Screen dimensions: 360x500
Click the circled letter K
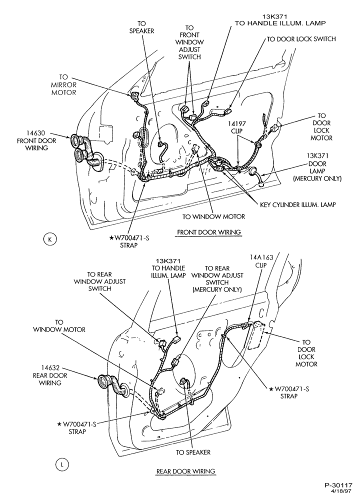[49, 239]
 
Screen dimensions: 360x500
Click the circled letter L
[62, 465]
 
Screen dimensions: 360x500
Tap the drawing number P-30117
[338, 485]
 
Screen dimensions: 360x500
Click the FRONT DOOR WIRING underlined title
[209, 232]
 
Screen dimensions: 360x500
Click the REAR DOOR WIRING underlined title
[185, 471]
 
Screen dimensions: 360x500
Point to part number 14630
[35, 133]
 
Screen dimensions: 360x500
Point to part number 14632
[50, 368]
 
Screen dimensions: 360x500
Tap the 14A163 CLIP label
[261, 261]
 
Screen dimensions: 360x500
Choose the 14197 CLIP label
[237, 127]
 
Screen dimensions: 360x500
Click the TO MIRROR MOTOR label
[64, 85]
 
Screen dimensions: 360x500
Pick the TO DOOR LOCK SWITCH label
[301, 39]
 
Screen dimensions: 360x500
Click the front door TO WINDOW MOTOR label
[213, 217]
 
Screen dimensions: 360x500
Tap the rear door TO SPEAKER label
[193, 452]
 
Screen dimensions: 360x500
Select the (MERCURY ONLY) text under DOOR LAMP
[317, 178]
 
